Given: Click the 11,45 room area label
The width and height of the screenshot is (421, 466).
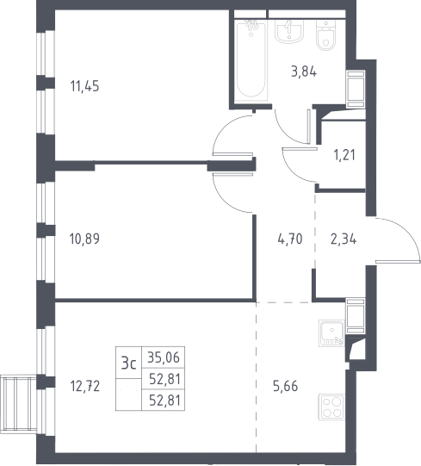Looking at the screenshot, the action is click(84, 86).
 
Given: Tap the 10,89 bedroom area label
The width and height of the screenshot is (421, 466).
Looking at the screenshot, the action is click(84, 239).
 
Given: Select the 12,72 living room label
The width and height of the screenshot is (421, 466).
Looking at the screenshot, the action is click(84, 387).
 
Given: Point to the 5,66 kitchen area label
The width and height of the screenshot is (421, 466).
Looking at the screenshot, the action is click(285, 387).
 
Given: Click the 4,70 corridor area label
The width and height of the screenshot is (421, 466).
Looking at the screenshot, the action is click(290, 239).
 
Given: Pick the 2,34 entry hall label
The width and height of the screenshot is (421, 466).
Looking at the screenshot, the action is click(344, 239).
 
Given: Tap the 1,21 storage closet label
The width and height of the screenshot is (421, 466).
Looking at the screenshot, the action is click(344, 155).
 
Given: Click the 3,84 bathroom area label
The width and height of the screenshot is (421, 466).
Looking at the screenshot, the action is click(304, 71).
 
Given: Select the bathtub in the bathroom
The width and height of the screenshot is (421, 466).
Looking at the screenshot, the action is click(251, 59).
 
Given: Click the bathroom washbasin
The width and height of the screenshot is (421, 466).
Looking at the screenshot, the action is click(289, 31).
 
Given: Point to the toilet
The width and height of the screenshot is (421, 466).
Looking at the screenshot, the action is click(326, 35).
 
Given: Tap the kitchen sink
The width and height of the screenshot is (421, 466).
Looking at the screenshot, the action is click(331, 333).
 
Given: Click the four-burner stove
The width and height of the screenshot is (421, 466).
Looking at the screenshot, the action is click(331, 407).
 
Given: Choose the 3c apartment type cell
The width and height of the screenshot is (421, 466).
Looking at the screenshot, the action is click(128, 363).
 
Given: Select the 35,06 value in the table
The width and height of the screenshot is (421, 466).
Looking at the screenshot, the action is click(164, 357).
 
